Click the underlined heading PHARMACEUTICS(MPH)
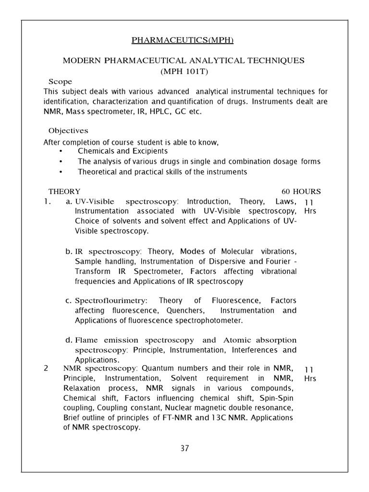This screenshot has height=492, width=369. pos(184,40)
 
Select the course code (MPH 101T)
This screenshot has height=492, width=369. pos(184,71)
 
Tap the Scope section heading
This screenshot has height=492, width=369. pos(60,81)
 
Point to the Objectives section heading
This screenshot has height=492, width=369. pos(68,131)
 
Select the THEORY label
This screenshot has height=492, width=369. pos(64,191)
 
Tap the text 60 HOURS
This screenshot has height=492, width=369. pos(301,191)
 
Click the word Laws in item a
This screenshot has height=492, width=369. pos(286,201)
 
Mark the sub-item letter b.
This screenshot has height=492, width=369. pos(68,251)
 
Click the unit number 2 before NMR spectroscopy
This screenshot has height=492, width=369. pos(46,369)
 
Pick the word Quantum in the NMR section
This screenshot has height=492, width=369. pos(156,369)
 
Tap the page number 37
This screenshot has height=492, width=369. pos(184,448)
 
